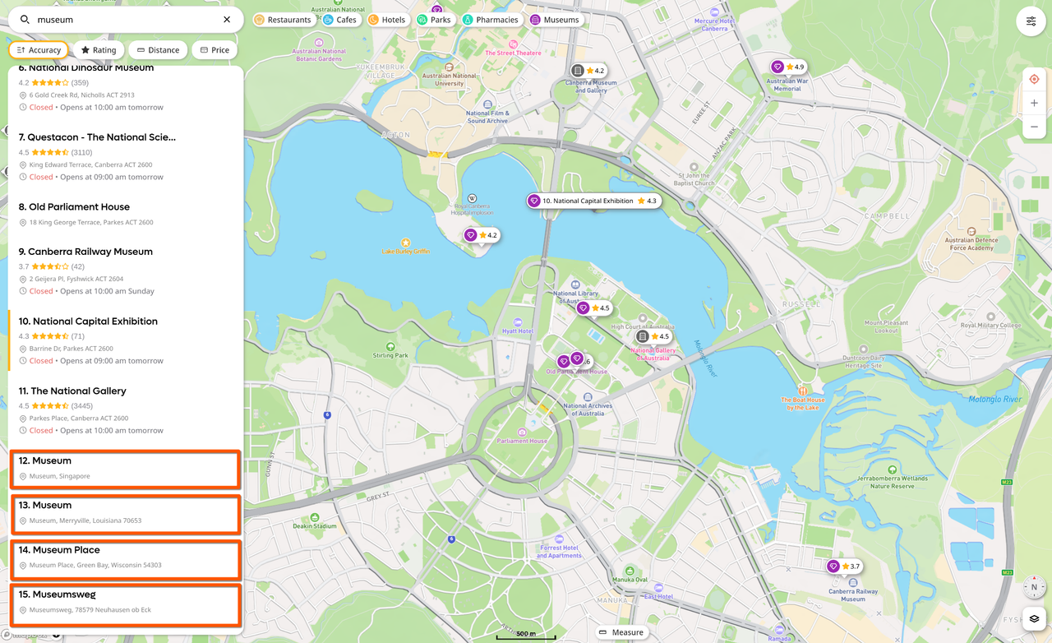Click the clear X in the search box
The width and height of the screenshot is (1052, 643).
coord(227,20)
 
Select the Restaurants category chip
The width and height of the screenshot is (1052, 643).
coord(283,20)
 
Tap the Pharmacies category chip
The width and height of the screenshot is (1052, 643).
coord(491,20)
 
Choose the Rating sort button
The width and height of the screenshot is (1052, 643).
coord(99,50)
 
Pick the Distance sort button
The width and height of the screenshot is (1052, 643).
coord(158,50)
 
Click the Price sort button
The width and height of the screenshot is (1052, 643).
coord(214,50)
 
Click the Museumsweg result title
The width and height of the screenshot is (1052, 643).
coord(63,594)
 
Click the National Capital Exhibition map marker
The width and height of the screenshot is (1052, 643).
coord(593,201)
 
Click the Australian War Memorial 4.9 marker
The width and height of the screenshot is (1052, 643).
coord(787,67)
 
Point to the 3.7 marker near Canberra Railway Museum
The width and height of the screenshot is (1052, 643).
coord(844,567)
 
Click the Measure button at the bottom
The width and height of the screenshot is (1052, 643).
coord(621,632)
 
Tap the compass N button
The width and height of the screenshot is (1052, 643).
coord(1034,588)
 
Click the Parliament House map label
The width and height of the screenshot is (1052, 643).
coord(522,441)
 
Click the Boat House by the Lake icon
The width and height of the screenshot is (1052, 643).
coord(803,390)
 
